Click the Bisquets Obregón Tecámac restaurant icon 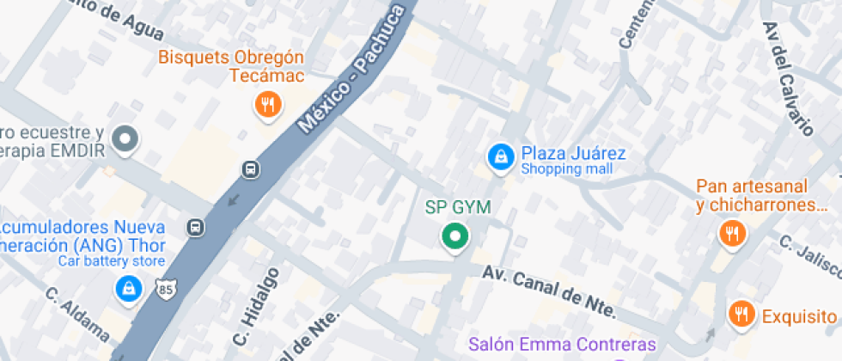tap(269, 105)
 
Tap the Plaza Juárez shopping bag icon tap(498, 156)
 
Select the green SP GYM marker tap(454, 236)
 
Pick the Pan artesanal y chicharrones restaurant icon tap(732, 232)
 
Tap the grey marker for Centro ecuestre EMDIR tap(126, 138)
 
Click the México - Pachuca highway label tap(351, 69)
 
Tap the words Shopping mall tap(566, 169)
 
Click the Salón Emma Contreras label tap(562, 346)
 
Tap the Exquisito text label tap(798, 315)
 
